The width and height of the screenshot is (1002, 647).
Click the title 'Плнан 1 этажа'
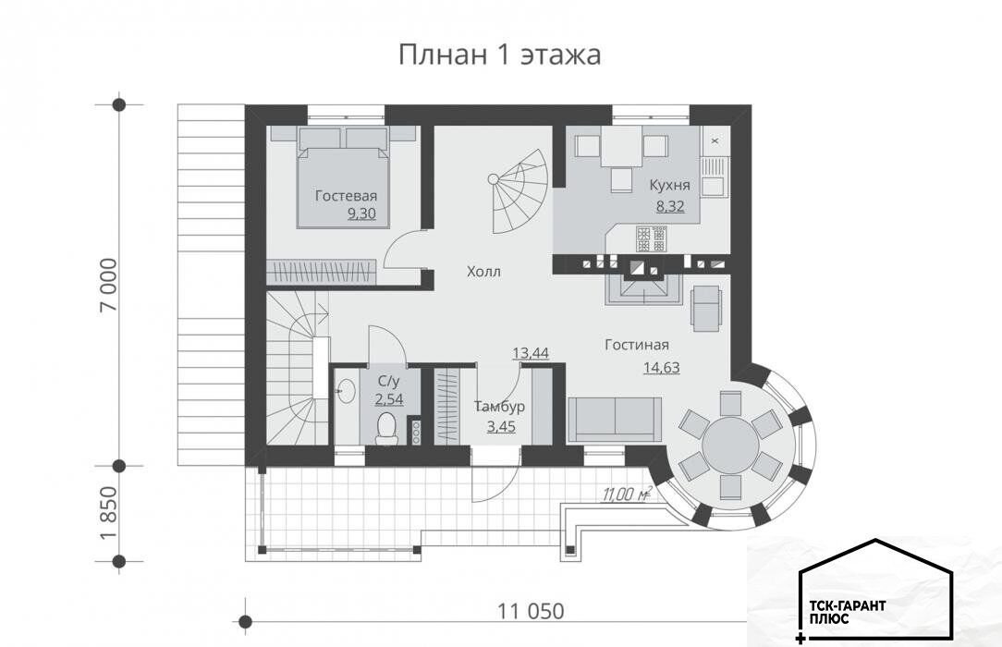pos(500,55)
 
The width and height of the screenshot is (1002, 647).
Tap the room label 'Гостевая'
pos(346,195)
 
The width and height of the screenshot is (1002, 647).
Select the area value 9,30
pos(361,214)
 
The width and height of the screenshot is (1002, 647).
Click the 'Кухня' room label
pos(670,185)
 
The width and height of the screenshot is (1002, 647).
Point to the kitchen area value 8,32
pos(670,206)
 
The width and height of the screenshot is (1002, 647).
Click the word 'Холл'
pos(483,272)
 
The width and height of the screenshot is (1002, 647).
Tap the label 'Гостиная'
pos(637,345)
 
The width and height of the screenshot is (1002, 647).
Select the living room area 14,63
pos(662,367)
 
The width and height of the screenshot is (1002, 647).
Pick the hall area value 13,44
pos(531,352)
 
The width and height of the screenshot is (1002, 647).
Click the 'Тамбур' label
pos(500,406)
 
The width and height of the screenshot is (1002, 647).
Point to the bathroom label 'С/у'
pos(388,382)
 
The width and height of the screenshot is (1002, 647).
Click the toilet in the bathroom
pos(387,428)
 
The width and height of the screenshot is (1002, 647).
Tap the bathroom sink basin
pos(347,390)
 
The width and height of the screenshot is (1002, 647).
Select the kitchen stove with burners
pos(651,238)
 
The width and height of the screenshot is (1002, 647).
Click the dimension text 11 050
pos(531,611)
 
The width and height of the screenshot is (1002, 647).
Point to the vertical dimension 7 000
pos(109,285)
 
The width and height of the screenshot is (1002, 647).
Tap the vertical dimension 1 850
pos(109,513)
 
